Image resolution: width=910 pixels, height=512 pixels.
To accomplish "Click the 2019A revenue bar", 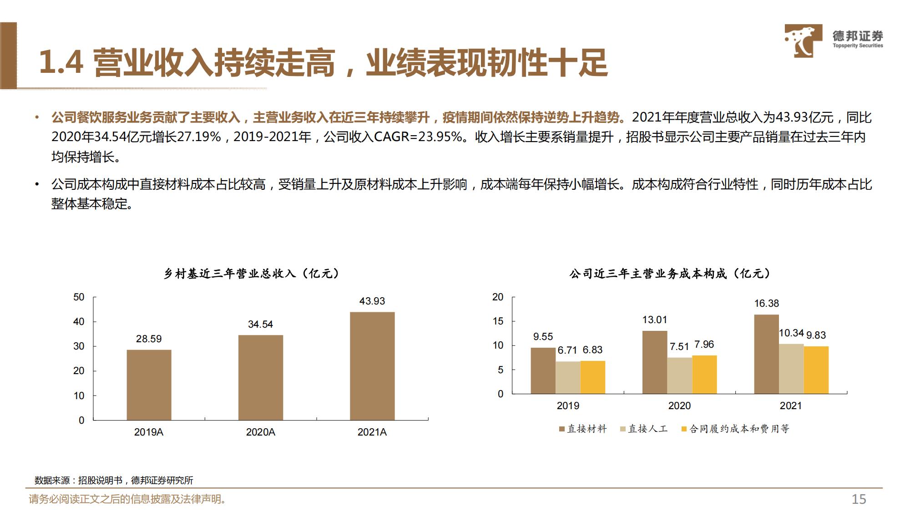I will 149,385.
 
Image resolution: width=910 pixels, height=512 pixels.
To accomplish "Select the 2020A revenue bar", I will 261,377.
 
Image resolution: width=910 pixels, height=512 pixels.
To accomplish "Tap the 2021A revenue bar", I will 372,366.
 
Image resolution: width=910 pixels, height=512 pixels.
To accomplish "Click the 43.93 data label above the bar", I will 372,301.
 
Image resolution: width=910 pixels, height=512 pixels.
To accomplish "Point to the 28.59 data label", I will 149,339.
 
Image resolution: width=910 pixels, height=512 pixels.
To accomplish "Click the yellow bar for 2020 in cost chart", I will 704,375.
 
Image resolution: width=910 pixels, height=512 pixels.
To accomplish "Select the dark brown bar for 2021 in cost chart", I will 766,354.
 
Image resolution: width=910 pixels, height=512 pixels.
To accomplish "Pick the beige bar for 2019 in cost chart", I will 568,377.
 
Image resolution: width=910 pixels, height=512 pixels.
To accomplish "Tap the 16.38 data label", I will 767,304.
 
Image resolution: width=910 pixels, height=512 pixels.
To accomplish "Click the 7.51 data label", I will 679,347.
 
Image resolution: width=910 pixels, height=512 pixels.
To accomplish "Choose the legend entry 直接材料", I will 583,429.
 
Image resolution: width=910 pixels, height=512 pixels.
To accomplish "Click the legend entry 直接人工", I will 644,429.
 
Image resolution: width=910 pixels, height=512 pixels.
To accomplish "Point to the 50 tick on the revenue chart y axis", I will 79,297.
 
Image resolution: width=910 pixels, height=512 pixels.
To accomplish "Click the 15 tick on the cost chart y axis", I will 498,321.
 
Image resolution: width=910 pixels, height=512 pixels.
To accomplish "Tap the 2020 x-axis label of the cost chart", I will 679,406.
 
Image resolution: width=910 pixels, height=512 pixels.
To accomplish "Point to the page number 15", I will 859,499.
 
